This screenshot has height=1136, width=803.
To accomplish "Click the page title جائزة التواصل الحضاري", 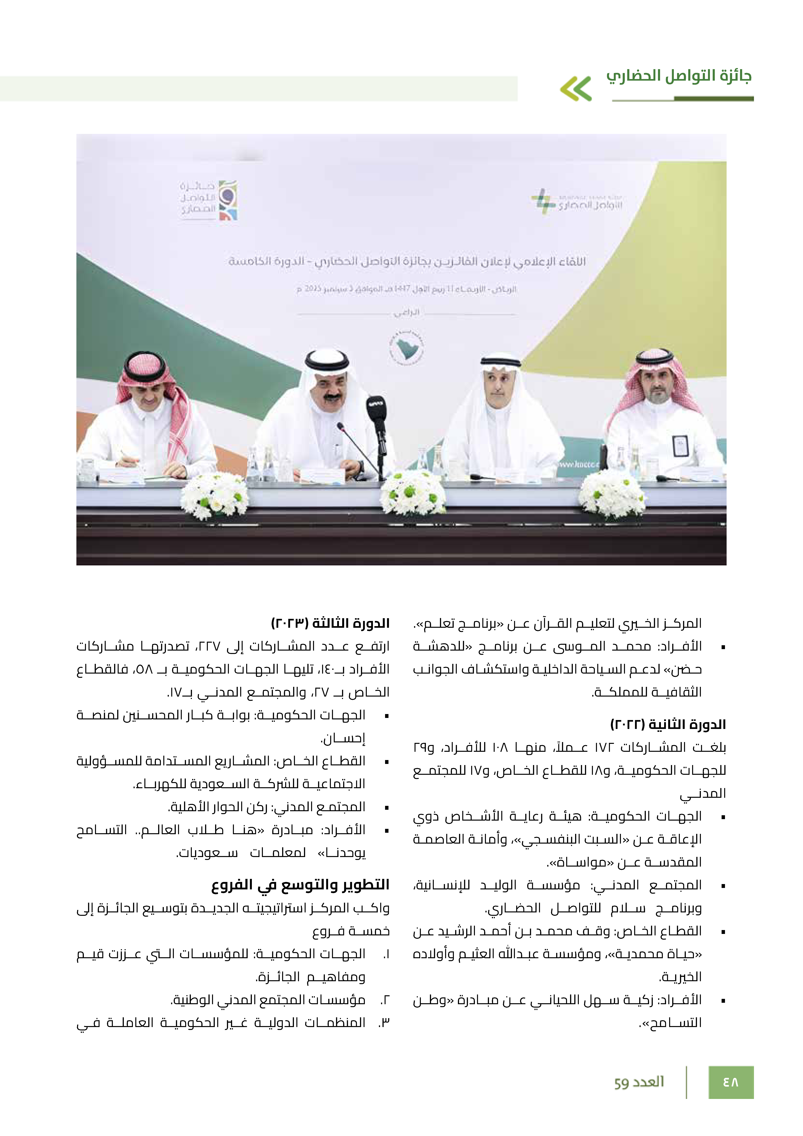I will click(x=679, y=76).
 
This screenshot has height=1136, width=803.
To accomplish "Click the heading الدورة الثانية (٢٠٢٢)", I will click(x=668, y=724).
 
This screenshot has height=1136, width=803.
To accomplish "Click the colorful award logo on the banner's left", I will click(x=228, y=200).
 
